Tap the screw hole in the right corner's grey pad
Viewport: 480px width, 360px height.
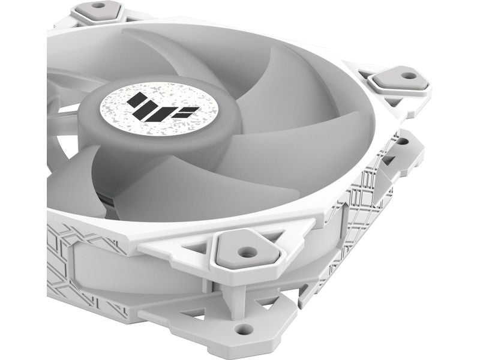[408, 76]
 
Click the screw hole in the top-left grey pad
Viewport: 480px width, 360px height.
[98, 5]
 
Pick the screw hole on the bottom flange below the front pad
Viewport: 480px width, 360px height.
[243, 328]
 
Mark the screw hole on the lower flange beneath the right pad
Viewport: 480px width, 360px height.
[402, 142]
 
